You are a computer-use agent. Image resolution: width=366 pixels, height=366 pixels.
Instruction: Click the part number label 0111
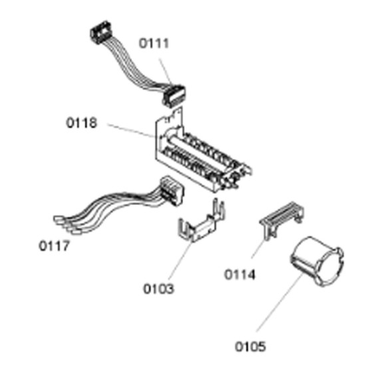154,43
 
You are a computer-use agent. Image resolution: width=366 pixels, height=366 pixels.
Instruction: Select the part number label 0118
81,123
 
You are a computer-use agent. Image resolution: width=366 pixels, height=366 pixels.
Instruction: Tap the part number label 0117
54,246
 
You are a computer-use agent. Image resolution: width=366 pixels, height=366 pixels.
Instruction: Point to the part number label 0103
158,289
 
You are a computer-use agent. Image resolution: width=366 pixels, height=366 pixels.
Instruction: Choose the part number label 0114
240,274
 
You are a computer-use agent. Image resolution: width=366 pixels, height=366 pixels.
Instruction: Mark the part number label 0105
250,347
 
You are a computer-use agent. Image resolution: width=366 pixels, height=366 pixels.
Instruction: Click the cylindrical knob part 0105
317,261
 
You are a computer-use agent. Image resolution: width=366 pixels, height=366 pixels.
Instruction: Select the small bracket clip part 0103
201,223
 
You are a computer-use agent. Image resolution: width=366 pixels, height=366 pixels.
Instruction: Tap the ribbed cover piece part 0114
282,219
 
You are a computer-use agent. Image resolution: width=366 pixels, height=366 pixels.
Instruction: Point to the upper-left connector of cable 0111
100,32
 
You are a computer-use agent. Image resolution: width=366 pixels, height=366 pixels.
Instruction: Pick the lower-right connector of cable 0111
174,96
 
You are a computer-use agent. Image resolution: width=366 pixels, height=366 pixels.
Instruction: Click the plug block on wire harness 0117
172,191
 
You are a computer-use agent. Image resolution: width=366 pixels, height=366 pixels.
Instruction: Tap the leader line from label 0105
279,302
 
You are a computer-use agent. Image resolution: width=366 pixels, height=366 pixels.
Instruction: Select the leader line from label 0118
130,130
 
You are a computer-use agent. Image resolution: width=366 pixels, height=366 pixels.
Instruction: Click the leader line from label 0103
180,261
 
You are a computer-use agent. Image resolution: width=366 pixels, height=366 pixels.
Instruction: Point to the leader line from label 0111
166,71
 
